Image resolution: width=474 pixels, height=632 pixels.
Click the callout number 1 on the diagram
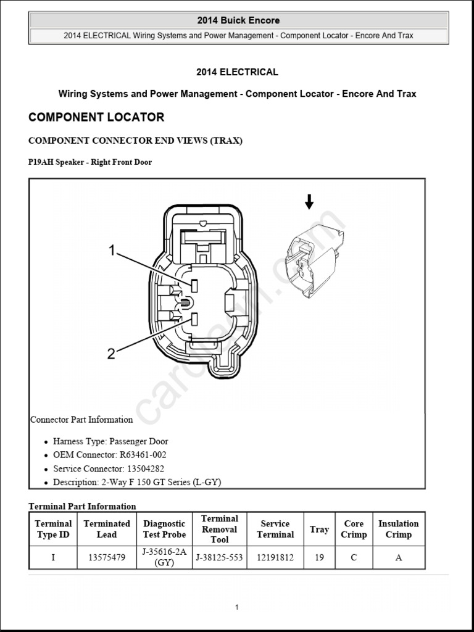point(112,250)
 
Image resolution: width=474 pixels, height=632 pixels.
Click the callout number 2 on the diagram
point(111,354)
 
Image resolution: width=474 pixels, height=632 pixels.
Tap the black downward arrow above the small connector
point(309,201)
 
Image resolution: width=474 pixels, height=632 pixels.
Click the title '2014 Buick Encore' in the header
point(238,20)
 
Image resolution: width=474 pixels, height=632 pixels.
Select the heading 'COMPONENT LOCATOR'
point(96,117)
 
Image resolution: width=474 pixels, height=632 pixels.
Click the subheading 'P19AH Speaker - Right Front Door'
point(90,162)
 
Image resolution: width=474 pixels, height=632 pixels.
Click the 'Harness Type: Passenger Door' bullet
point(110,441)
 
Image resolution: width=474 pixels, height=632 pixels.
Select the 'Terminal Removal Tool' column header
point(219,529)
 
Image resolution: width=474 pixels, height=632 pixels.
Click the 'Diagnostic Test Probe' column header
point(164,529)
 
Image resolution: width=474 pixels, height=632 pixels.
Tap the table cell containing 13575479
point(107,557)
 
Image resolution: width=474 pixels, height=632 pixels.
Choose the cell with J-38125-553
point(219,557)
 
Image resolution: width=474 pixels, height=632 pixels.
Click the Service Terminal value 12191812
point(275,557)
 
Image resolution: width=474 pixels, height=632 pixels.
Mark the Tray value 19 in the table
point(319,557)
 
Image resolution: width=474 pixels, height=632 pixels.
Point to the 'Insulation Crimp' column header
point(398,529)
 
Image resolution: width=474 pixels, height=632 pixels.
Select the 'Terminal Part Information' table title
point(83,506)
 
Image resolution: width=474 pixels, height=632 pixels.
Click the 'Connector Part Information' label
point(81,420)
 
